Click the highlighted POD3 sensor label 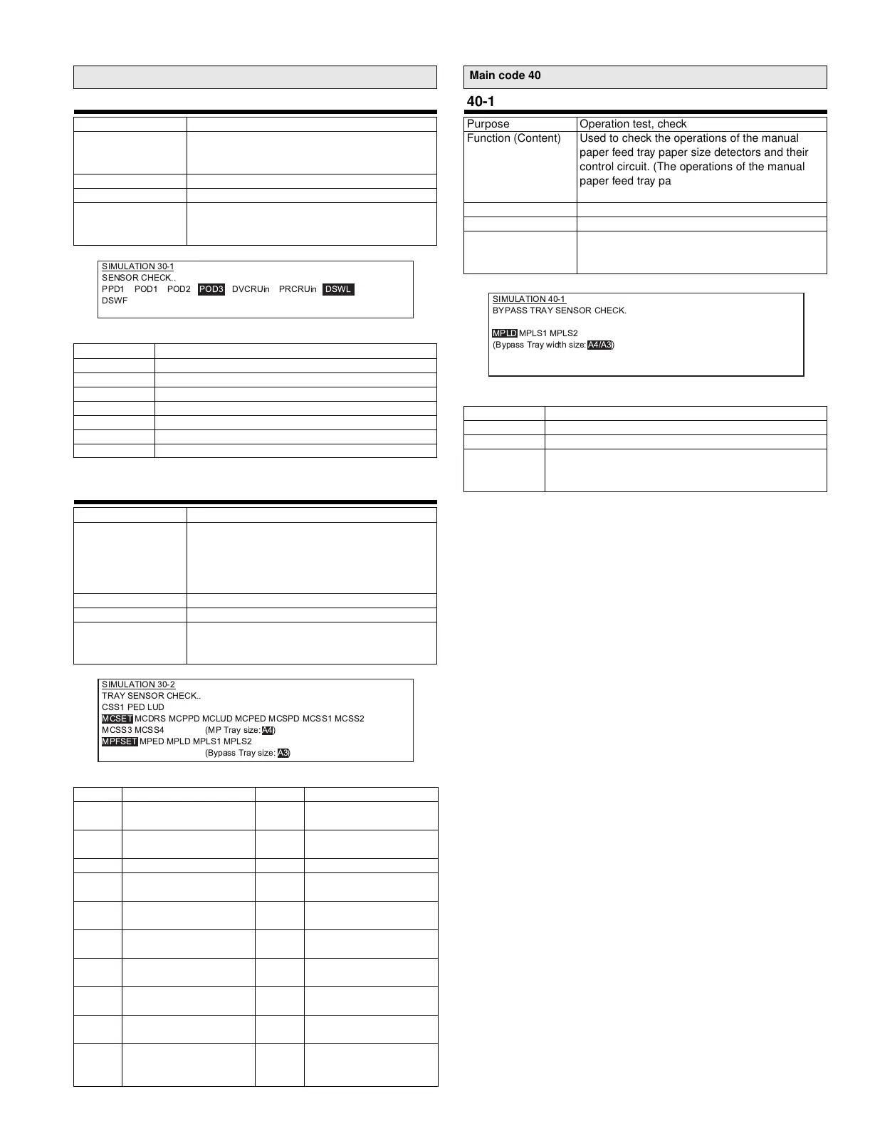pyautogui.click(x=211, y=289)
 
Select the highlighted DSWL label pyautogui.click(x=338, y=289)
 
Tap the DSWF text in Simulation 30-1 pyautogui.click(x=115, y=301)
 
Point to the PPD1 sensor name pyautogui.click(x=113, y=289)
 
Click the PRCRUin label pyautogui.click(x=298, y=289)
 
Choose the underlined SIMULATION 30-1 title pyautogui.click(x=137, y=266)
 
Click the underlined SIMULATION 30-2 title pyautogui.click(x=138, y=684)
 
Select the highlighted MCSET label pyautogui.click(x=117, y=719)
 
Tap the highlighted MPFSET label pyautogui.click(x=120, y=741)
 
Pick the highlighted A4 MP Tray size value pyautogui.click(x=268, y=730)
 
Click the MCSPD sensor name pyautogui.click(x=284, y=719)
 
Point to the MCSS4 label pyautogui.click(x=150, y=730)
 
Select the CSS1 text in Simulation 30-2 pyautogui.click(x=113, y=707)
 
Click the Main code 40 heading pyautogui.click(x=505, y=75)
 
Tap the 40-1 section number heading pyautogui.click(x=481, y=102)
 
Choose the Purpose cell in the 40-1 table pyautogui.click(x=488, y=124)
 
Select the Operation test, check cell pyautogui.click(x=633, y=124)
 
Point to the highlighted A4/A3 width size pyautogui.click(x=599, y=345)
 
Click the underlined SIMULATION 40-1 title pyautogui.click(x=529, y=299)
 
